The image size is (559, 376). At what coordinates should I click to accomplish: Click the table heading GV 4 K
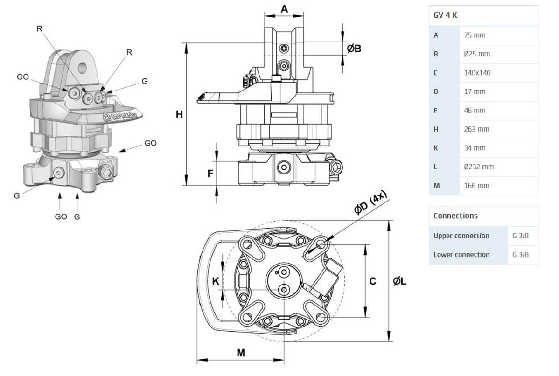click(x=445, y=15)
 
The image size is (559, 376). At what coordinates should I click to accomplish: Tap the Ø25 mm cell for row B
click(x=477, y=54)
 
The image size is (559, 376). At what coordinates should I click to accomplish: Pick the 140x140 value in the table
click(x=477, y=73)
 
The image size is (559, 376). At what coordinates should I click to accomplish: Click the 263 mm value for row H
click(x=476, y=129)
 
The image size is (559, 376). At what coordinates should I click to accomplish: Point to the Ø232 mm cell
click(x=479, y=167)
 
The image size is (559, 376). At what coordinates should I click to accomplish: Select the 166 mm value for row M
click(x=476, y=186)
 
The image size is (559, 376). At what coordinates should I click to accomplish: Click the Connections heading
click(x=455, y=216)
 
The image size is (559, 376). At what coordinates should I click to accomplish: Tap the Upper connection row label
click(x=461, y=236)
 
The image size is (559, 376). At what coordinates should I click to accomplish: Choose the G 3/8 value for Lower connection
click(x=520, y=255)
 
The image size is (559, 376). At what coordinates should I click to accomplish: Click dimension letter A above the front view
click(x=284, y=9)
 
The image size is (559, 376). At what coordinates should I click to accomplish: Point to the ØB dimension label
click(x=355, y=48)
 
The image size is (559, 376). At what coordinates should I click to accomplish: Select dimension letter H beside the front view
click(x=179, y=114)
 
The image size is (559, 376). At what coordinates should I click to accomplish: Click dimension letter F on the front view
click(x=210, y=174)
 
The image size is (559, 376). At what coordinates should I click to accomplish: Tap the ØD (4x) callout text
click(x=370, y=205)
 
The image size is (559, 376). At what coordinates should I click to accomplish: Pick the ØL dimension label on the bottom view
click(x=399, y=281)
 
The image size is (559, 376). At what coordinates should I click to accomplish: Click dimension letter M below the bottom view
click(x=240, y=353)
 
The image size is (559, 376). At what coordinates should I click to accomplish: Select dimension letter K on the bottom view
click(x=216, y=281)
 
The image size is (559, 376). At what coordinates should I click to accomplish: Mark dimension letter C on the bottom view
click(x=372, y=281)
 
